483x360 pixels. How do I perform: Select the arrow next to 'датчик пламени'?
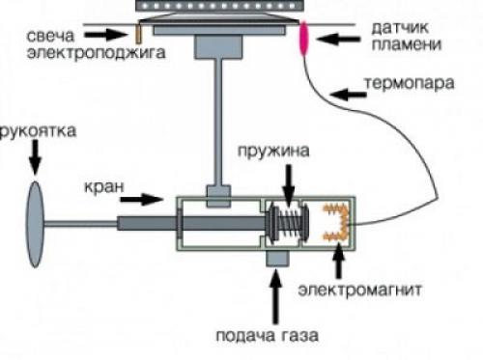click(338, 39)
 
